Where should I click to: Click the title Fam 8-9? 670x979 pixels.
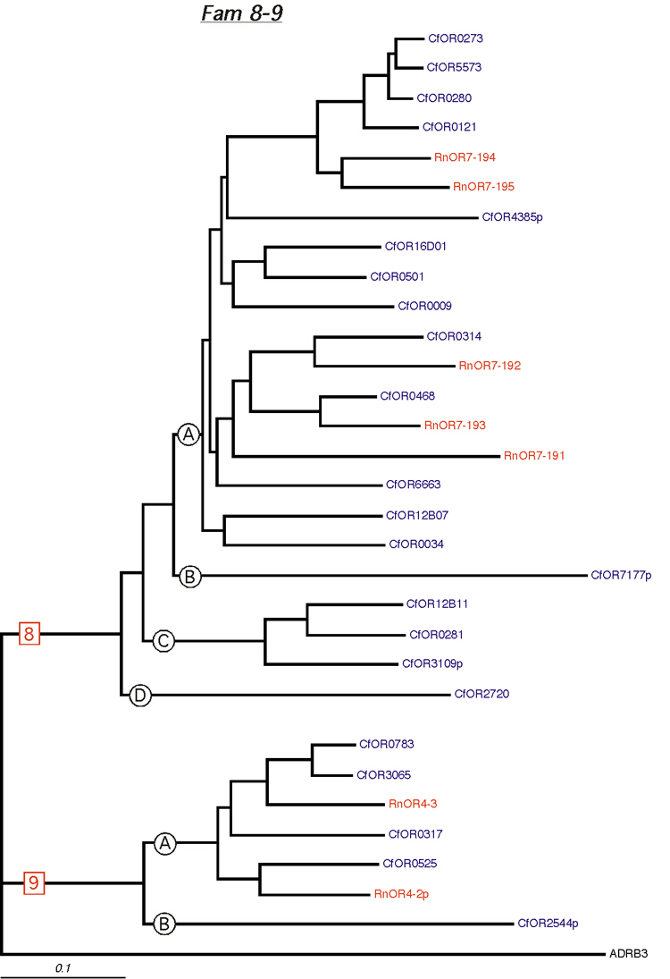coord(241,13)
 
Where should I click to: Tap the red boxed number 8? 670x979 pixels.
coord(29,634)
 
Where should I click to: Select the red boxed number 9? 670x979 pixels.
coord(34,882)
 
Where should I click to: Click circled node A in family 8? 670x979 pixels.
coord(188,435)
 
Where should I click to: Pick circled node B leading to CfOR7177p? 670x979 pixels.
coord(190,577)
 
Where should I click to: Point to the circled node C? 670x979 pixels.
coord(163,640)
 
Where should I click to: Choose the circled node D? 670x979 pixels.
coord(139,695)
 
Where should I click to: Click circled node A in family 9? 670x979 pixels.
coord(164,844)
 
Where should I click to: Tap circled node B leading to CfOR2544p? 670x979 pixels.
coord(164,924)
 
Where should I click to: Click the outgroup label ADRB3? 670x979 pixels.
coord(628,953)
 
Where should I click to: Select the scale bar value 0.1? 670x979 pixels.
coord(63,968)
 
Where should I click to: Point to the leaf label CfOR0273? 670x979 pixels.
coord(456,38)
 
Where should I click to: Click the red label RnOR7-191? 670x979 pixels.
coord(534,456)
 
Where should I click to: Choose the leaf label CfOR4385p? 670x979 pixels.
coord(512,217)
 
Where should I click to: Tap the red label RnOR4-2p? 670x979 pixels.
coord(401,894)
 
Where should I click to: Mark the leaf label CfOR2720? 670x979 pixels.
coord(482,694)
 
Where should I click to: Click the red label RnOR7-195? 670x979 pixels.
coord(483,187)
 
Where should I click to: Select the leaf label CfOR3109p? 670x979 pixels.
coord(432,663)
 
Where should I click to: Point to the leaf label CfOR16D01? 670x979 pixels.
coord(415,247)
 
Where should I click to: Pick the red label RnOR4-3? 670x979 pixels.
coord(413,804)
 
